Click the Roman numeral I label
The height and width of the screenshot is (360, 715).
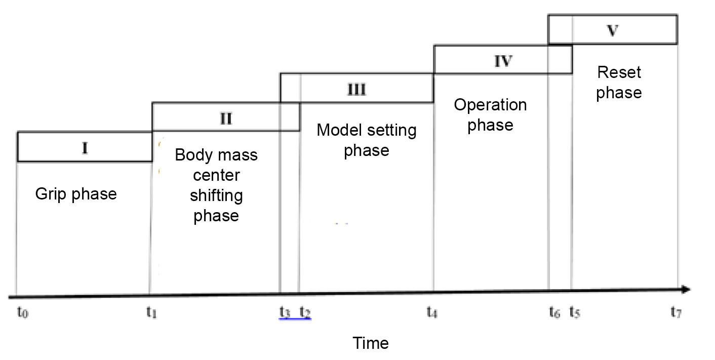(85, 148)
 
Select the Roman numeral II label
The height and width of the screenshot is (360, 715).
(226, 118)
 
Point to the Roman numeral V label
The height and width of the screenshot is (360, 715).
(613, 30)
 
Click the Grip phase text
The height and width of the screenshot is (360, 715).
(76, 194)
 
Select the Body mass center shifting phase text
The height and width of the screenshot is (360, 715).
(216, 185)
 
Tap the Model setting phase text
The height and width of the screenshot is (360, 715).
(367, 140)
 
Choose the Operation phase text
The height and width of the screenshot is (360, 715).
(490, 115)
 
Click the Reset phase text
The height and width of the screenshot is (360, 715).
(619, 83)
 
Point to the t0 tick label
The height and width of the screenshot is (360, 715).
(22, 313)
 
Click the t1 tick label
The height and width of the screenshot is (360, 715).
(151, 313)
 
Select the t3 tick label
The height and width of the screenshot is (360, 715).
(285, 313)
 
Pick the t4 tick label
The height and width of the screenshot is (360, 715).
(432, 313)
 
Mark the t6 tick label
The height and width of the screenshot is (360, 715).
(554, 313)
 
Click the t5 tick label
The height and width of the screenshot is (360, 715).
(575, 313)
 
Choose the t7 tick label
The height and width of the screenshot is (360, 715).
(676, 313)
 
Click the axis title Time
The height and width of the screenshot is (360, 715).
(371, 343)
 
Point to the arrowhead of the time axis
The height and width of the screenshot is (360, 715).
(686, 290)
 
